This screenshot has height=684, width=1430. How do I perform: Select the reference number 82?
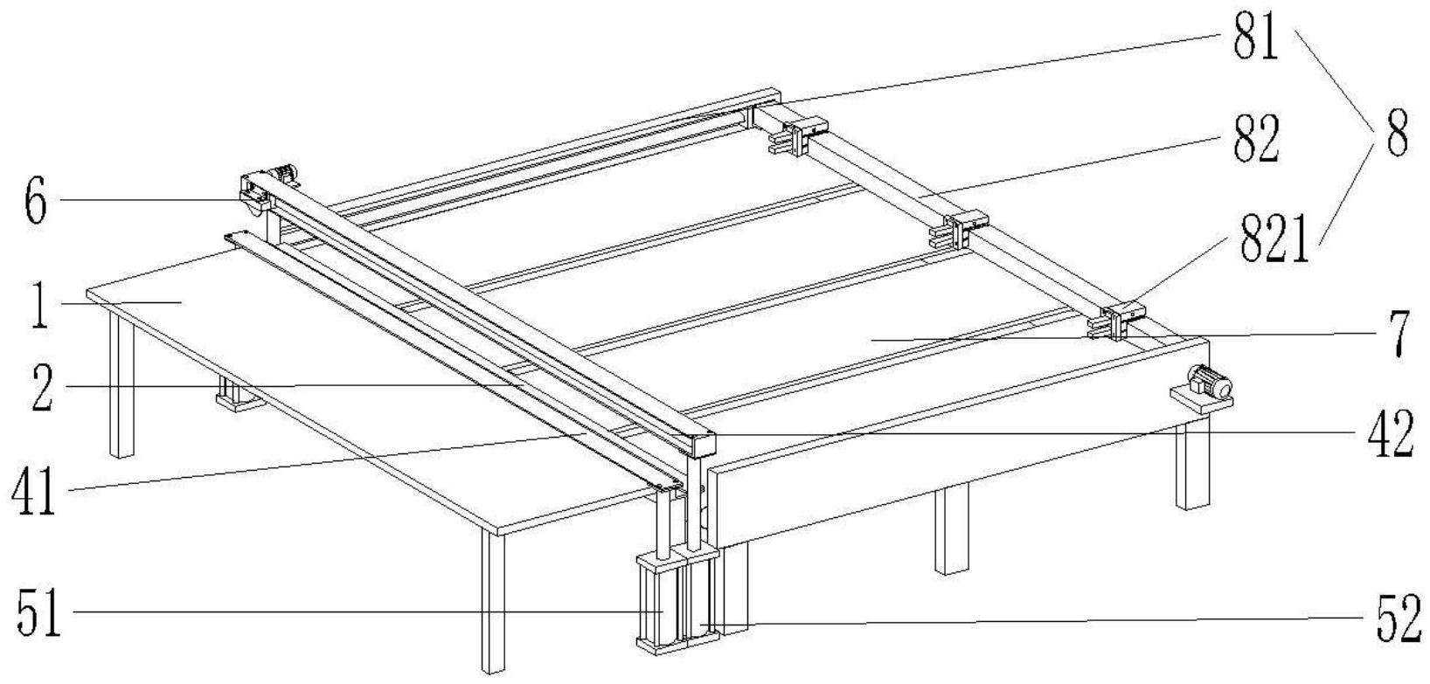[x=1255, y=140]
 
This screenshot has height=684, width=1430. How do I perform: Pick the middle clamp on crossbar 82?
[x=956, y=229]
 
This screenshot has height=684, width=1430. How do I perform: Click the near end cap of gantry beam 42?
[x=703, y=445]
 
